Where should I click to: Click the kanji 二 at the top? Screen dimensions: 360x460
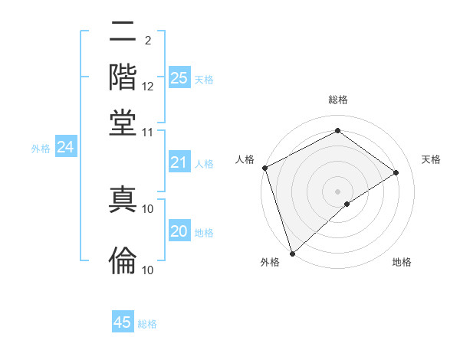click(x=123, y=33)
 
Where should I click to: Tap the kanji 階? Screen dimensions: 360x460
click(x=123, y=77)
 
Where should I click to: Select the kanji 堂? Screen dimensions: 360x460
click(x=123, y=122)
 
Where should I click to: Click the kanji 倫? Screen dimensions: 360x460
click(x=123, y=260)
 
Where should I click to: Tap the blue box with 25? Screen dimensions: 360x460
click(x=179, y=78)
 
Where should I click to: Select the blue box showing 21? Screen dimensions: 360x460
click(x=179, y=162)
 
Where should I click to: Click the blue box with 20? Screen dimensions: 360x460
click(x=179, y=232)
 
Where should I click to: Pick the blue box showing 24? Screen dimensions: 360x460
click(x=65, y=148)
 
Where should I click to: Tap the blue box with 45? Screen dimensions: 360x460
click(x=123, y=322)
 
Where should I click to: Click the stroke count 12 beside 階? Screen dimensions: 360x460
click(x=148, y=87)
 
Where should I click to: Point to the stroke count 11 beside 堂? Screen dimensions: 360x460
click(x=148, y=132)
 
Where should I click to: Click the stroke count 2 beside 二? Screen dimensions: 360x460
click(x=147, y=40)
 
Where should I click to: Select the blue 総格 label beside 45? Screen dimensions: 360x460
click(x=147, y=324)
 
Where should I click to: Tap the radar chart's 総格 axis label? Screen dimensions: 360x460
click(x=337, y=100)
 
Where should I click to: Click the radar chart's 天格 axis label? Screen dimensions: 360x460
click(x=431, y=159)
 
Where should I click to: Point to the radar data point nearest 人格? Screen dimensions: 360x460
click(x=264, y=168)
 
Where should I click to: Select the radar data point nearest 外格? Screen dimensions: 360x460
click(x=292, y=253)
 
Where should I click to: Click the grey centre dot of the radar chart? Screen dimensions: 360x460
click(x=337, y=191)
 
